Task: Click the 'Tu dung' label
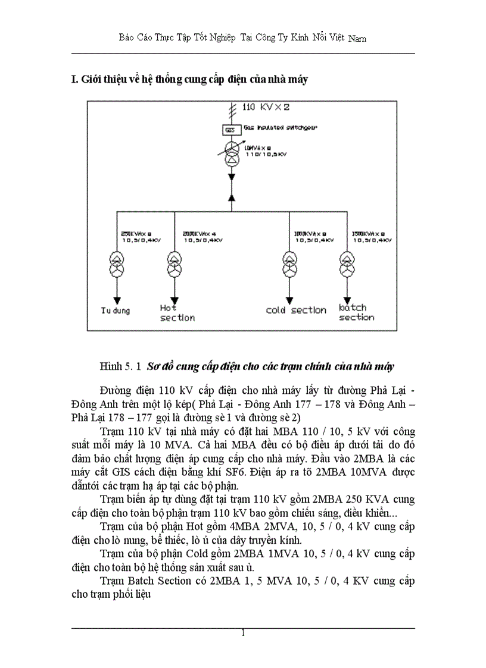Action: click(x=115, y=310)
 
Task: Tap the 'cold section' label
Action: click(x=296, y=310)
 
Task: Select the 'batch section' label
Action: click(x=356, y=312)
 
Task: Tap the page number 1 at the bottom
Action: click(x=243, y=633)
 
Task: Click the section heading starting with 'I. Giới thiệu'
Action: click(x=189, y=80)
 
